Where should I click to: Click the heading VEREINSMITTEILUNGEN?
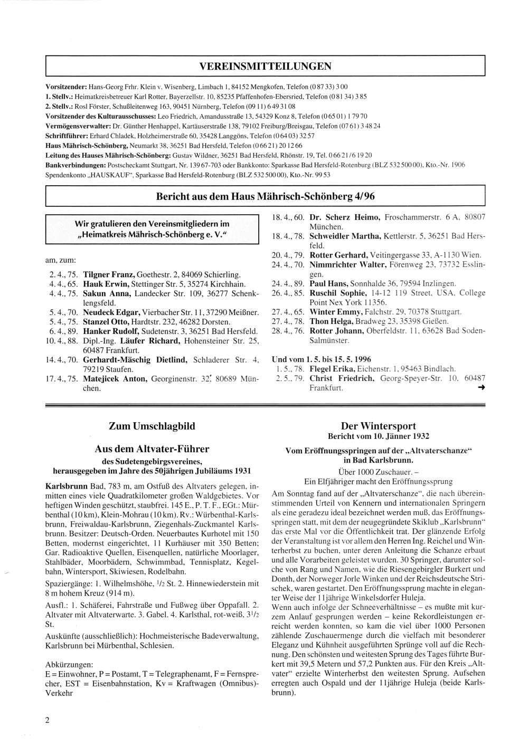pyautogui.click(x=265, y=66)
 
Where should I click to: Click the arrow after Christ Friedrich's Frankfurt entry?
pyautogui.click(x=480, y=388)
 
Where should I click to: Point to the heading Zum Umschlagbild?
pyautogui.click(x=152, y=426)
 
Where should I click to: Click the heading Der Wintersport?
pyautogui.click(x=378, y=426)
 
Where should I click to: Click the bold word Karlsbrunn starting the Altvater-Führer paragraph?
pyautogui.click(x=66, y=484)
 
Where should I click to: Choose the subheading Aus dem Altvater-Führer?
pyautogui.click(x=152, y=449)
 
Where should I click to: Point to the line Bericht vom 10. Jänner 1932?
pyautogui.click(x=378, y=436)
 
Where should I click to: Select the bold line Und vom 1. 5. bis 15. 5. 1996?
pyautogui.click(x=321, y=359)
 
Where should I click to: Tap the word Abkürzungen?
pyautogui.click(x=70, y=664)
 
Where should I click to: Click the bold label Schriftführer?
pyautogui.click(x=67, y=136)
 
